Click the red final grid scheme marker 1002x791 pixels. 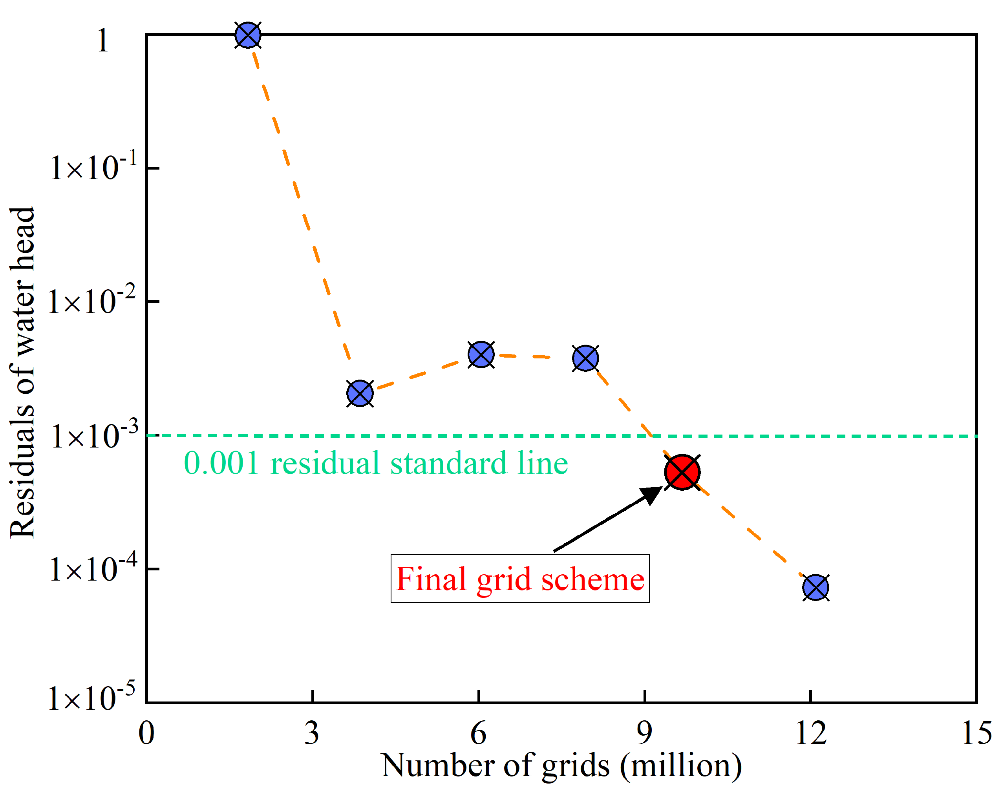682,472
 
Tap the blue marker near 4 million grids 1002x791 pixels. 360,394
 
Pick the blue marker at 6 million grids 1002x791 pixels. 481,355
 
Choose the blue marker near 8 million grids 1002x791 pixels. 585,358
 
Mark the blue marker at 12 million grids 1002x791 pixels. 816,587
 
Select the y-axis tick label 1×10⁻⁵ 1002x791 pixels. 92,698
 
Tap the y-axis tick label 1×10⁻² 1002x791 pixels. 92,301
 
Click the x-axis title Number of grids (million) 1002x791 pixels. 561,766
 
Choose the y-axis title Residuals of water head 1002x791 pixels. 22,373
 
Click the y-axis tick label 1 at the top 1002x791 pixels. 103,41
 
